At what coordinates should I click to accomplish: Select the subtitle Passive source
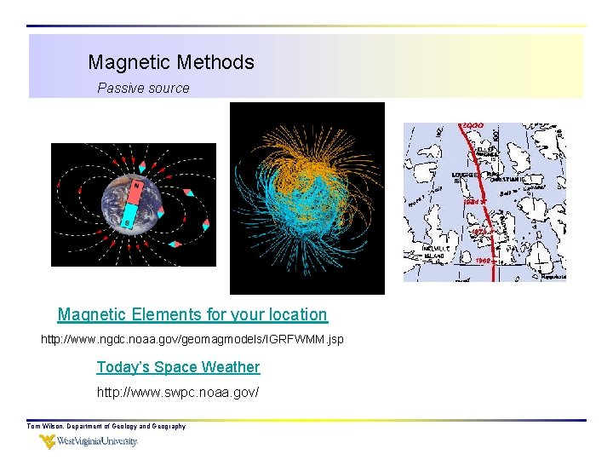[x=143, y=88]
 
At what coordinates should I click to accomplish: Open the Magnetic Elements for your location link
[x=192, y=314]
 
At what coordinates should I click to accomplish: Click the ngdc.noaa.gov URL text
[x=192, y=340]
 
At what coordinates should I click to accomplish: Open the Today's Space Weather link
[x=178, y=367]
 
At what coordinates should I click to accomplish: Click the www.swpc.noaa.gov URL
[x=178, y=393]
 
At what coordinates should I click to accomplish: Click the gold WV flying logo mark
[x=48, y=442]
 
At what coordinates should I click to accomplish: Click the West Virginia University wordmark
[x=98, y=442]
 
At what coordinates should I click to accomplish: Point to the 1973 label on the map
[x=478, y=232]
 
